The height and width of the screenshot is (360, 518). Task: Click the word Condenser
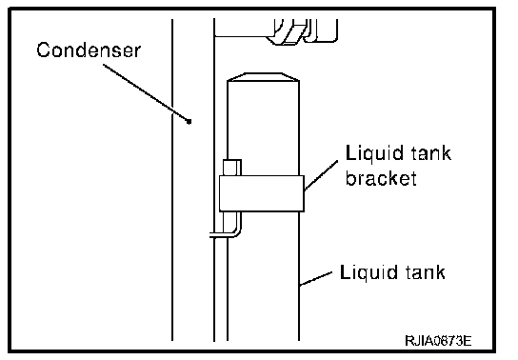pyautogui.click(x=89, y=50)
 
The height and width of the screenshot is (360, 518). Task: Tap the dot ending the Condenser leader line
pyautogui.click(x=189, y=122)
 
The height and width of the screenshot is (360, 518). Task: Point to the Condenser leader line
pyautogui.click(x=146, y=92)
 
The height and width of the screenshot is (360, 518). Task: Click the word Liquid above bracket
pyautogui.click(x=370, y=154)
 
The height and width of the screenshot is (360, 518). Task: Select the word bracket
pyautogui.click(x=381, y=178)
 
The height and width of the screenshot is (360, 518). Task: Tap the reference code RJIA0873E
pyautogui.click(x=438, y=340)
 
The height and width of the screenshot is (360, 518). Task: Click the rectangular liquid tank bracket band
pyautogui.click(x=262, y=193)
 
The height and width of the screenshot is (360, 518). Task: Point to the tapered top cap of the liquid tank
pyautogui.click(x=264, y=77)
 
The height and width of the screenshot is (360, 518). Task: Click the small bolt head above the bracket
pyautogui.click(x=232, y=167)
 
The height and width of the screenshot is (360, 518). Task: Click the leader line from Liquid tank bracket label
pyautogui.click(x=321, y=175)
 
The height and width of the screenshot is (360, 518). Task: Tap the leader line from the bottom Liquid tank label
pyautogui.click(x=316, y=278)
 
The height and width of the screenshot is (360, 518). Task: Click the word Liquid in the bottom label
pyautogui.click(x=365, y=273)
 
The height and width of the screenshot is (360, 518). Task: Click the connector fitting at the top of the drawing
pyautogui.click(x=302, y=31)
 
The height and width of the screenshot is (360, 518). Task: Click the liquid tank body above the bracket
pyautogui.click(x=264, y=128)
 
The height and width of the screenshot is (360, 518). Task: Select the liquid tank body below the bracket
pyautogui.click(x=264, y=276)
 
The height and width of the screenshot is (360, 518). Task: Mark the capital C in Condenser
pyautogui.click(x=44, y=50)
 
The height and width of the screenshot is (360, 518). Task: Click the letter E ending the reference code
pyautogui.click(x=468, y=340)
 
